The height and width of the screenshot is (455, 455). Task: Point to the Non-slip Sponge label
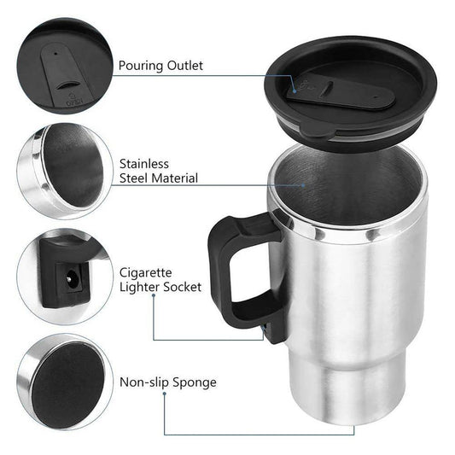tap(167, 382)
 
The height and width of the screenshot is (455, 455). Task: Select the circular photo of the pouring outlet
tap(64, 60)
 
